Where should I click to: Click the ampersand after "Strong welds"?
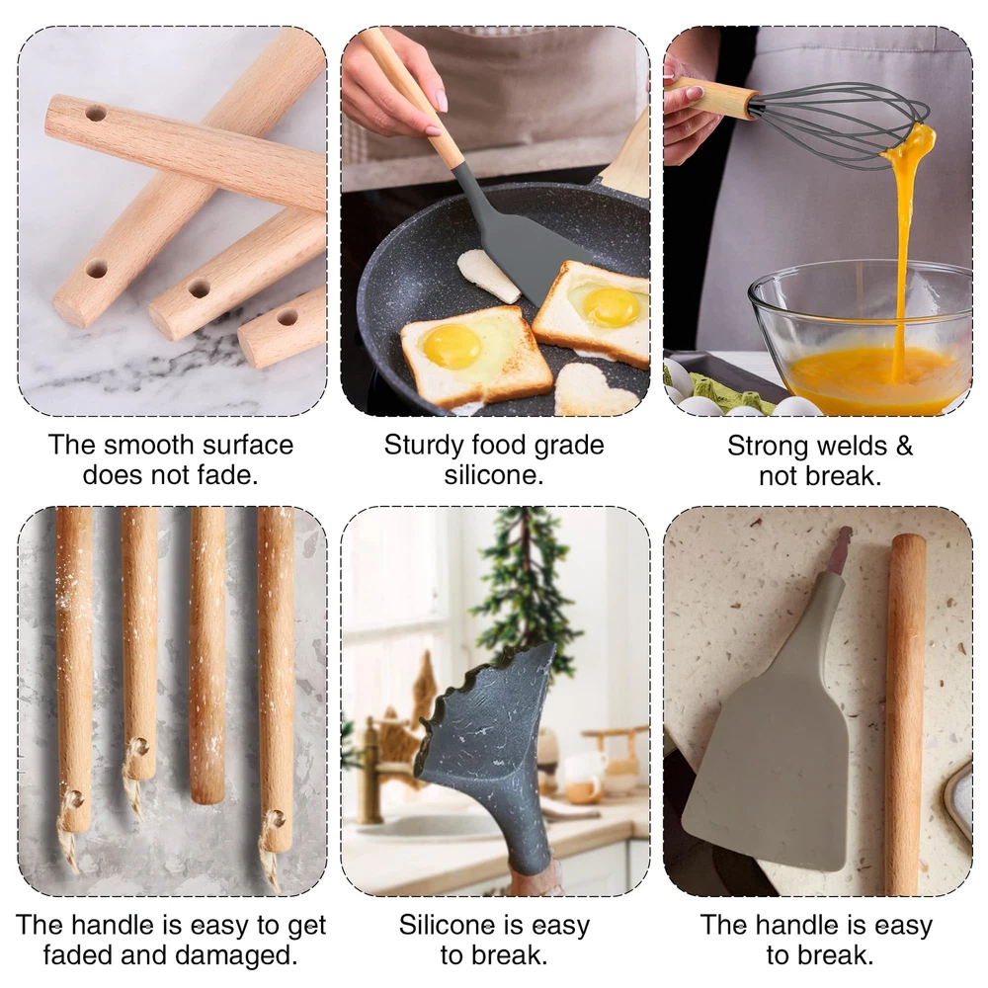pyautogui.click(x=904, y=447)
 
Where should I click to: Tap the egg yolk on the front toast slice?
pyautogui.click(x=452, y=347)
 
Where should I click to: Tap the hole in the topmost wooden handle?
pyautogui.click(x=96, y=114)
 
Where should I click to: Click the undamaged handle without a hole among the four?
pyautogui.click(x=207, y=655)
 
